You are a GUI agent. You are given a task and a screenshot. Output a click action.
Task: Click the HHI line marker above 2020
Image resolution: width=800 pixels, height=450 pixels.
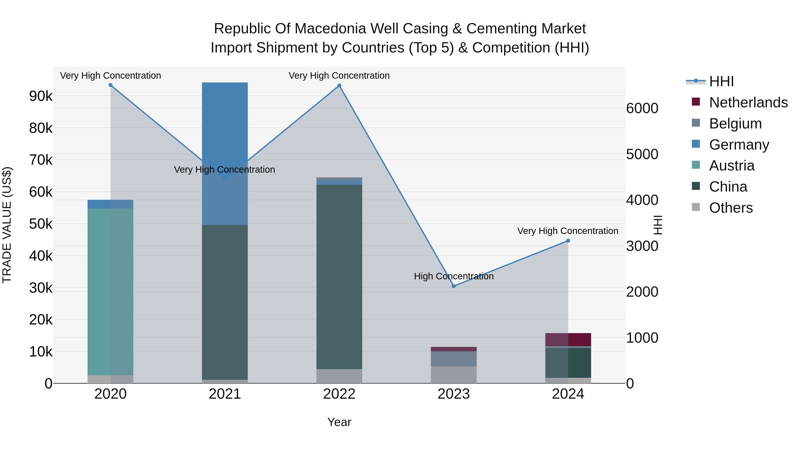click(x=111, y=85)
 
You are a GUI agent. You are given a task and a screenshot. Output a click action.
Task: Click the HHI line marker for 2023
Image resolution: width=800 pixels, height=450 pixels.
click(x=454, y=286)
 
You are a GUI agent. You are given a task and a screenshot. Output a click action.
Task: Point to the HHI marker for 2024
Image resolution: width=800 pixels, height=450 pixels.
click(x=568, y=241)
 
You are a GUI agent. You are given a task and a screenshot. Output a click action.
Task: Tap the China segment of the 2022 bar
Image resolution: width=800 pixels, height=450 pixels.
click(x=339, y=276)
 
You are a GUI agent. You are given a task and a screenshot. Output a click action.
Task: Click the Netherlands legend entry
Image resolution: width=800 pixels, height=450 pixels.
click(x=748, y=102)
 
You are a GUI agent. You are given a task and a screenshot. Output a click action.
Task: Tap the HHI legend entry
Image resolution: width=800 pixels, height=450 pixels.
click(x=721, y=81)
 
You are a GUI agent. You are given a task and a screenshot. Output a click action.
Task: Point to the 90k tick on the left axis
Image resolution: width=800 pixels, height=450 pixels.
click(x=41, y=96)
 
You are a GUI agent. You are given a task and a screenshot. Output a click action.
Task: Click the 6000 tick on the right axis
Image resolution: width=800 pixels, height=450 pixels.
click(x=642, y=108)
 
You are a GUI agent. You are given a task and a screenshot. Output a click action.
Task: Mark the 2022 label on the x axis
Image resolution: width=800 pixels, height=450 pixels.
click(x=339, y=394)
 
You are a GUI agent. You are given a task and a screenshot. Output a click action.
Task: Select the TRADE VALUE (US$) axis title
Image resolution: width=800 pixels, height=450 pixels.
click(x=7, y=225)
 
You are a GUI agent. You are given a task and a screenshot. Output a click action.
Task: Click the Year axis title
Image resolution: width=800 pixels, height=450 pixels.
click(x=339, y=422)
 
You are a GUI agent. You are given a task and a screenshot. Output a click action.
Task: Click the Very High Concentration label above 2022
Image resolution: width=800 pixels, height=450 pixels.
click(x=339, y=76)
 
